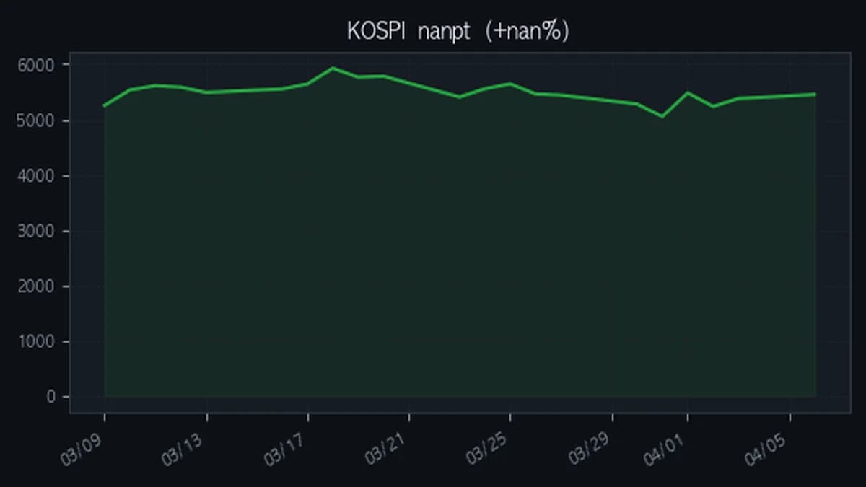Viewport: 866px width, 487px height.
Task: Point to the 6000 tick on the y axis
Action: [x=34, y=65]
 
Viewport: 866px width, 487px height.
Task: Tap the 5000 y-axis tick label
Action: [x=34, y=120]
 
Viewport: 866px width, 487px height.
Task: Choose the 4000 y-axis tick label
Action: [x=34, y=176]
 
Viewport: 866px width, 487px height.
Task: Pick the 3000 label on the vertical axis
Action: [x=34, y=232]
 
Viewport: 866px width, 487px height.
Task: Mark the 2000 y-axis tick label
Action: [x=34, y=286]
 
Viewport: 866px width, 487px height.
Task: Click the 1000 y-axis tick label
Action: [x=34, y=342]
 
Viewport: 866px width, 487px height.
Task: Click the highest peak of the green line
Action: [x=333, y=68]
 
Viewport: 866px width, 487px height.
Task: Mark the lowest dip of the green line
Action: [x=662, y=116]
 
